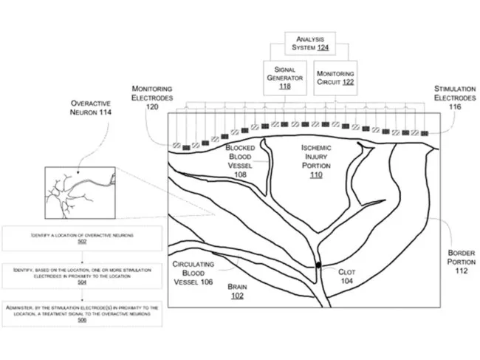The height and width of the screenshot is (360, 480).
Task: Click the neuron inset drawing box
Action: click(81, 190)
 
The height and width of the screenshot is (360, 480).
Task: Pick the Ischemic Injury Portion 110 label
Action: click(316, 161)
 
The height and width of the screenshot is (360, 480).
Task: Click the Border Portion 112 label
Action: click(462, 262)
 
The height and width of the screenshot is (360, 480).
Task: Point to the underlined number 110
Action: click(316, 176)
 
